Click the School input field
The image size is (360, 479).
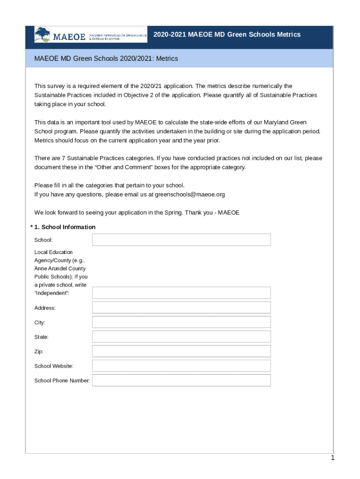(181, 240)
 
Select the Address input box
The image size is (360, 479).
(181, 308)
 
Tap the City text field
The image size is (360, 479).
(181, 322)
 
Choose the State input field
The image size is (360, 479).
(181, 337)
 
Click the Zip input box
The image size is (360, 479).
(181, 351)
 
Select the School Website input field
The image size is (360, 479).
(181, 366)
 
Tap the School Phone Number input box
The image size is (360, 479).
(181, 380)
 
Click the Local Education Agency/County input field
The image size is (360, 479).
(181, 293)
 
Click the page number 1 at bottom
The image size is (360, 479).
(332, 458)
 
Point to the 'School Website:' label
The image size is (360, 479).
(54, 366)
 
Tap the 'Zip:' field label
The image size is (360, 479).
(39, 351)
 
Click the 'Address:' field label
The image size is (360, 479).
(45, 308)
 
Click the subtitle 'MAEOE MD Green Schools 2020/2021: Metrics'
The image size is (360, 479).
(106, 59)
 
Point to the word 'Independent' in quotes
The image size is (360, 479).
(51, 293)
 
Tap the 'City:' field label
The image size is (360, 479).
(40, 323)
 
